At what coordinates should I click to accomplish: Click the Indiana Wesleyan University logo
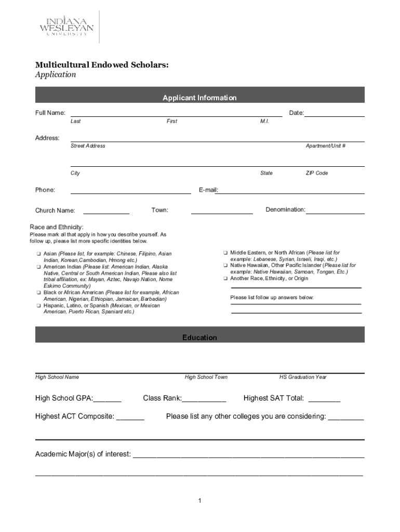66,27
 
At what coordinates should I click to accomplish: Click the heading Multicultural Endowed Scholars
102,65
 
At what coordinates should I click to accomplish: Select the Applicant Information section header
199,98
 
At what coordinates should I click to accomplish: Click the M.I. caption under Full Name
264,121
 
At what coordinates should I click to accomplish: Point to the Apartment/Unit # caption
326,146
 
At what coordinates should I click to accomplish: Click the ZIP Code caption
316,173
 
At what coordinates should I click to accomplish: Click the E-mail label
208,190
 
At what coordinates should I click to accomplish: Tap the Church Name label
55,210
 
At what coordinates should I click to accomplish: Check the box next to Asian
38,254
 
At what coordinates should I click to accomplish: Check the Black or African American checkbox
38,292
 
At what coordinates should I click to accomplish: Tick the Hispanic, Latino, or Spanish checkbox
38,305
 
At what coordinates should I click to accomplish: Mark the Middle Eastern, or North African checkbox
225,252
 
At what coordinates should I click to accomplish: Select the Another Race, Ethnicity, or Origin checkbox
225,278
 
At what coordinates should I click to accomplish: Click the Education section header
199,338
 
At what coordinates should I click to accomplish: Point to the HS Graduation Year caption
303,377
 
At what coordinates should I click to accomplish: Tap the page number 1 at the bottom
199,500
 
